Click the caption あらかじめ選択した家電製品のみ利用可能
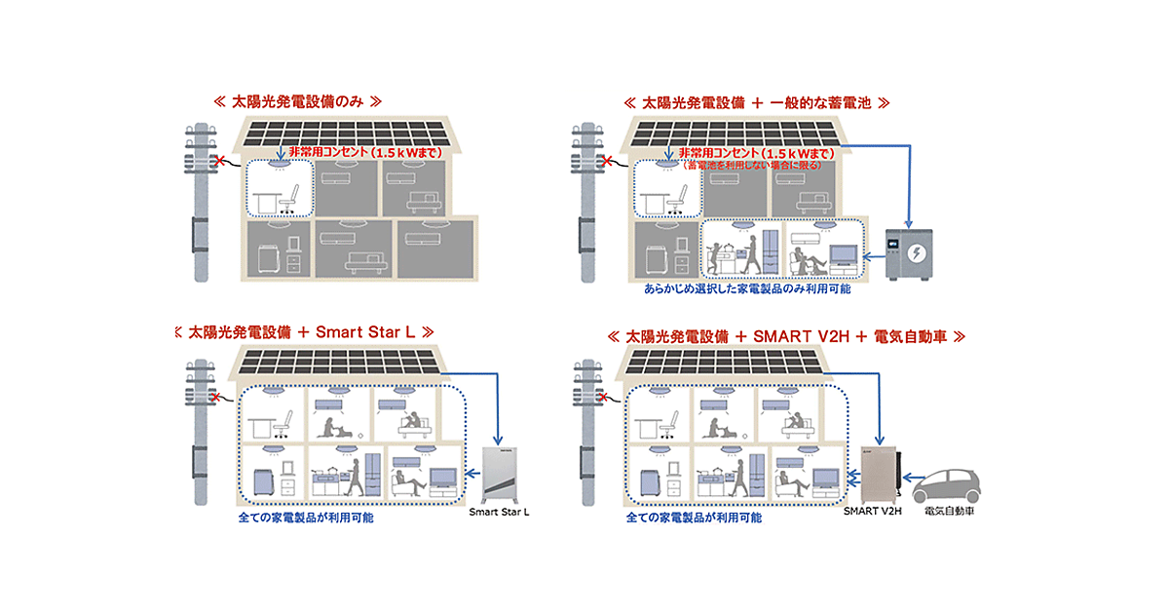coord(747,289)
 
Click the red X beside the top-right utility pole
coord(608,161)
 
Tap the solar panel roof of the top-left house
coord(347,133)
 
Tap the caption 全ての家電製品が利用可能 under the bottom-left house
coord(305,517)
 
